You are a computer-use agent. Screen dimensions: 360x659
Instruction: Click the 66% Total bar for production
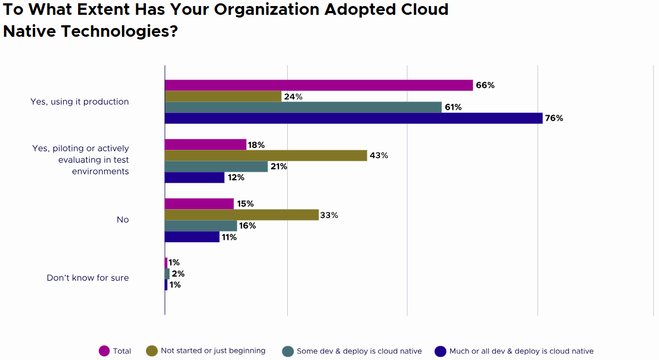point(319,85)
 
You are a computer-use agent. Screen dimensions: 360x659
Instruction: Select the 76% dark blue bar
point(354,118)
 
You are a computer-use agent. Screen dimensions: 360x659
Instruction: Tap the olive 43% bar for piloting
point(266,155)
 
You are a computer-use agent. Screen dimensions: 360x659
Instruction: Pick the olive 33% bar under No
point(242,215)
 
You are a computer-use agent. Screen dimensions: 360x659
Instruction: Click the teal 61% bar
point(303,107)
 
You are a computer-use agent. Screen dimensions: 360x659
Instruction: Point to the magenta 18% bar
point(205,144)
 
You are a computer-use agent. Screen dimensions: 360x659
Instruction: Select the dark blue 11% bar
point(192,237)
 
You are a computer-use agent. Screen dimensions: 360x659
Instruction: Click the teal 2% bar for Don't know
point(167,273)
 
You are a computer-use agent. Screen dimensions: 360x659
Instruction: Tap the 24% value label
point(293,97)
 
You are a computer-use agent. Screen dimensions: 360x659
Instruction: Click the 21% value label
point(278,166)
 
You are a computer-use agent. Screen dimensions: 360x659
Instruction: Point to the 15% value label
point(245,204)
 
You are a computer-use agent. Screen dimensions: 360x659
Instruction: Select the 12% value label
point(236,178)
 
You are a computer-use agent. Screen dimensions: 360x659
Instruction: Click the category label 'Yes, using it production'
point(80,102)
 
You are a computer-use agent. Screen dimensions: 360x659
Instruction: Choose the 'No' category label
point(122,220)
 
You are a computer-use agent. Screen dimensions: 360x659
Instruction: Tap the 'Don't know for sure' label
point(88,278)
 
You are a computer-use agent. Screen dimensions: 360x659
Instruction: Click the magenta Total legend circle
point(104,351)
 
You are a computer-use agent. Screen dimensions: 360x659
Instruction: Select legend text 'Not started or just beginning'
point(213,351)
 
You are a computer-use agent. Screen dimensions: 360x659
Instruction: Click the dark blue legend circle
point(440,351)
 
